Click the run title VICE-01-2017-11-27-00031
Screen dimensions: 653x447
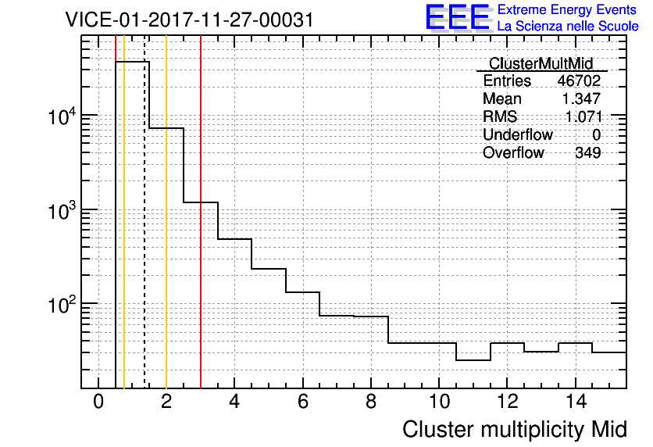coord(190,20)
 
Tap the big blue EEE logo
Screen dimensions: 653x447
coord(459,18)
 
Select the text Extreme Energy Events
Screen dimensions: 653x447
coord(567,9)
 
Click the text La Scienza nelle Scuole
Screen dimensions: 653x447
coord(568,27)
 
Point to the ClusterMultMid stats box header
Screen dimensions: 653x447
coord(541,63)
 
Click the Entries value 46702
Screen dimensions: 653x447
coord(579,80)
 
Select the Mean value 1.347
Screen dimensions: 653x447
coord(581,98)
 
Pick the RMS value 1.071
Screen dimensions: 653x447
coord(583,116)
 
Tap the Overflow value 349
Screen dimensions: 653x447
coord(588,153)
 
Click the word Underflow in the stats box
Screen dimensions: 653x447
coord(518,134)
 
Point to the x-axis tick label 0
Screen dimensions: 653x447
coord(98,402)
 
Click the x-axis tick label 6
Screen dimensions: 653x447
coord(303,402)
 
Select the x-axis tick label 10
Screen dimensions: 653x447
coord(439,402)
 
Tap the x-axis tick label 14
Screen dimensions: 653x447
coord(576,402)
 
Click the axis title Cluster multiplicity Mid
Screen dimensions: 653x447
coord(515,430)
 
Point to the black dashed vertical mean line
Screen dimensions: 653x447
coord(145,212)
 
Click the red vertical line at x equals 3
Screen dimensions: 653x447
coord(201,212)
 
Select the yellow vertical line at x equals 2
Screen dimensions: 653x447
coord(166,212)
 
